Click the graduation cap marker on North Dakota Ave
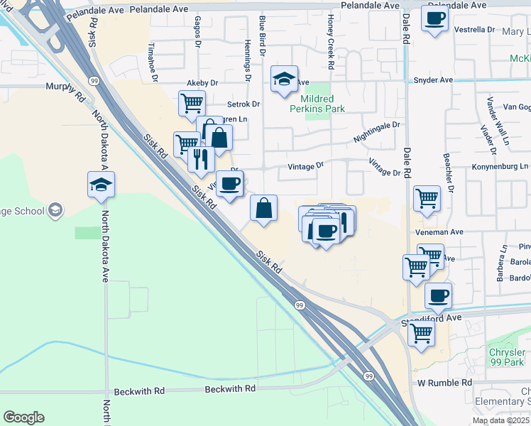pos(101,186)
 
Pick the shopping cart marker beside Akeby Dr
pos(192,104)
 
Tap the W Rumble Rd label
pos(444,383)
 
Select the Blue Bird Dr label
pos(262,36)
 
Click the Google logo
pos(24,417)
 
